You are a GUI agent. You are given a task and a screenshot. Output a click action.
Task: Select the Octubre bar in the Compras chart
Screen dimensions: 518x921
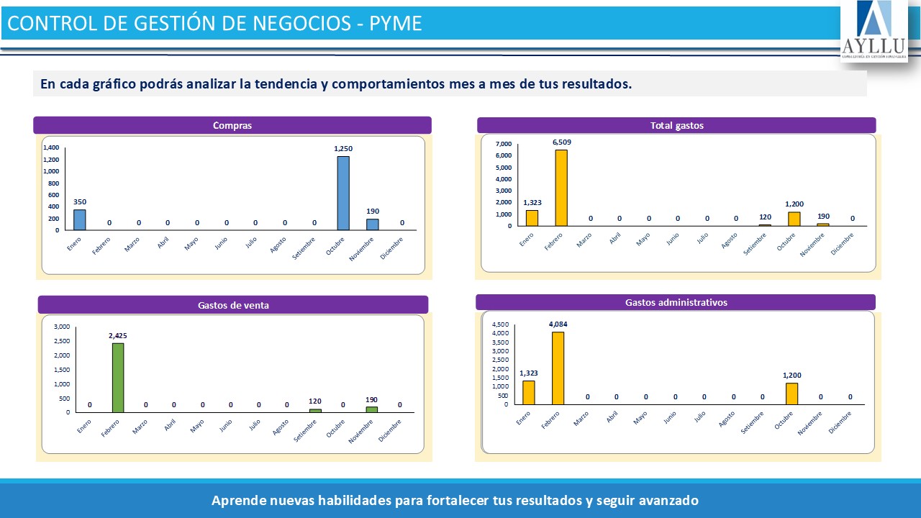coord(343,193)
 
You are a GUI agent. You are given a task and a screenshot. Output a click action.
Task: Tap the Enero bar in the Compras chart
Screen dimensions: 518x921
coord(79,219)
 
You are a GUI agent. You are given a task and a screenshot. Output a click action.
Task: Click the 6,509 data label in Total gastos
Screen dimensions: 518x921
coord(561,142)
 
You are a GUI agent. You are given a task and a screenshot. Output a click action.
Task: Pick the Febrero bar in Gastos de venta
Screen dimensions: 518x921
coord(118,377)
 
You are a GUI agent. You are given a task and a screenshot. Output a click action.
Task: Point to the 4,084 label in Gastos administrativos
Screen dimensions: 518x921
coord(558,324)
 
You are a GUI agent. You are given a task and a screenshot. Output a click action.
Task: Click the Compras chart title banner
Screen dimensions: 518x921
coord(232,125)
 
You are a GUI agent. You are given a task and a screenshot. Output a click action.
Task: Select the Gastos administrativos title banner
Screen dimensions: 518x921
coord(676,302)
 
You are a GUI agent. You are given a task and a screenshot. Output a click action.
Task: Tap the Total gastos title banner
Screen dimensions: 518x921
coord(676,125)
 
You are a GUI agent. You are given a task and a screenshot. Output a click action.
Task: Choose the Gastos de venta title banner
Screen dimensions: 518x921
coord(233,305)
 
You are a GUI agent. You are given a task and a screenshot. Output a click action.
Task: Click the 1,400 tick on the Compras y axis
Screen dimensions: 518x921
coord(51,147)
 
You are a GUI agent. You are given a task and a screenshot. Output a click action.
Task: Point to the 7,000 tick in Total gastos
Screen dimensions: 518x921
coord(503,144)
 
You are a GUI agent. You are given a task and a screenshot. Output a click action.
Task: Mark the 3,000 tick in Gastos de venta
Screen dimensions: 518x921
coord(62,326)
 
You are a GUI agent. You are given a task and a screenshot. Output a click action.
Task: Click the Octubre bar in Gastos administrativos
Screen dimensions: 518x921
coord(792,394)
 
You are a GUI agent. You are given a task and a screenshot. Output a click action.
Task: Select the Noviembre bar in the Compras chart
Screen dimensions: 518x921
coord(373,224)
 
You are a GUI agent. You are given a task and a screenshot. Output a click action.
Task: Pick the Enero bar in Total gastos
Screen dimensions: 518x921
coord(532,218)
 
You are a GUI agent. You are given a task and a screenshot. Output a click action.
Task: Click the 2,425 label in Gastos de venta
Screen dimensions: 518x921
coord(117,335)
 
